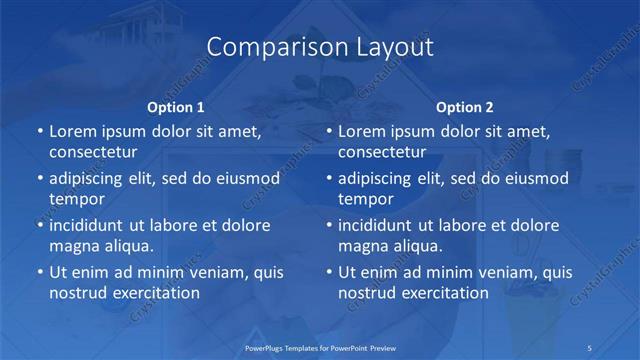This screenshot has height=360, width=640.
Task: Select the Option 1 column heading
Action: (x=176, y=107)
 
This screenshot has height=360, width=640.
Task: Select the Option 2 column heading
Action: (x=465, y=107)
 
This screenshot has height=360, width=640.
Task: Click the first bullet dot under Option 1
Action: (x=39, y=132)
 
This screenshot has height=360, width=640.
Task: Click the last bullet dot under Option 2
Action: (x=328, y=272)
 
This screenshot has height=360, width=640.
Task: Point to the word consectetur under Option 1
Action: (x=93, y=153)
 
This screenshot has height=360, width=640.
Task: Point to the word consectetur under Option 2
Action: (x=382, y=153)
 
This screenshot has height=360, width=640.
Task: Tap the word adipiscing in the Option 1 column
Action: (x=91, y=179)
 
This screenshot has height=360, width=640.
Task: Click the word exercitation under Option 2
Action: (x=441, y=293)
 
